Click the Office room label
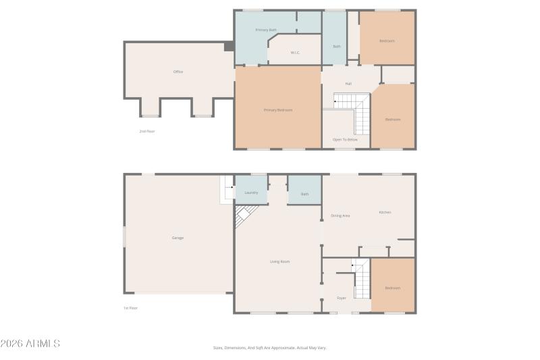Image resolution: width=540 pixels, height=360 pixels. [x=178, y=72]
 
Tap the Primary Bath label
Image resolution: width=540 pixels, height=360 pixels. [x=266, y=30]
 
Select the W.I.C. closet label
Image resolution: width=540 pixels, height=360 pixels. [x=295, y=53]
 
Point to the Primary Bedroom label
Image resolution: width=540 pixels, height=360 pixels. [x=277, y=110]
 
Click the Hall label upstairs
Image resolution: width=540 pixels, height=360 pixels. [x=348, y=84]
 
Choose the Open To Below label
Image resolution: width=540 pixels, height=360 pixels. [x=345, y=140]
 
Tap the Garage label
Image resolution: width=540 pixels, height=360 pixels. [x=178, y=238]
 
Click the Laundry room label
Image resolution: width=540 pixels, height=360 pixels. [x=251, y=193]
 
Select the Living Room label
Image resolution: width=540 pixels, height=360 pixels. [x=279, y=261]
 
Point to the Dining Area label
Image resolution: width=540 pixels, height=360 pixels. [x=340, y=215]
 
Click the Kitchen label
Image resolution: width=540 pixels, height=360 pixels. [x=385, y=212]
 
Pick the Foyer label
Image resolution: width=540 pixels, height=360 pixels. [x=342, y=298]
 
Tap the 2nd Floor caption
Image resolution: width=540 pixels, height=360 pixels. [x=147, y=131]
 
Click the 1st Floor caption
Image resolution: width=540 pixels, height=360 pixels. [x=130, y=308]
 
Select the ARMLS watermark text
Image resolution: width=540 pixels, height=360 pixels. [x=30, y=344]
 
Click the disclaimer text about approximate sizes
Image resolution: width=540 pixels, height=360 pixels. [x=270, y=348]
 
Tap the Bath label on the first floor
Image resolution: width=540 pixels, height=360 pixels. [x=304, y=195]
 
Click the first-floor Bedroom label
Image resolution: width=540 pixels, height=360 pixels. [x=392, y=288]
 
